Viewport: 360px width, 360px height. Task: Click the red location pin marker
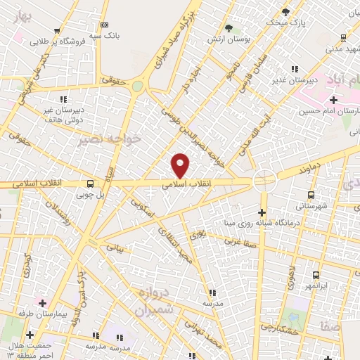click(x=181, y=165)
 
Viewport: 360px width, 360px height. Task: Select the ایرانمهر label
click(x=316, y=285)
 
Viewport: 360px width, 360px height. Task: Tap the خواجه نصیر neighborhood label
click(x=112, y=139)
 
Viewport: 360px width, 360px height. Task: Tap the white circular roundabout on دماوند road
click(x=265, y=181)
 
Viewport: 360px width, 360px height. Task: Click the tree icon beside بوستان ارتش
click(x=229, y=28)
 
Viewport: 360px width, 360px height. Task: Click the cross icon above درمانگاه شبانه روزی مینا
click(x=262, y=213)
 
